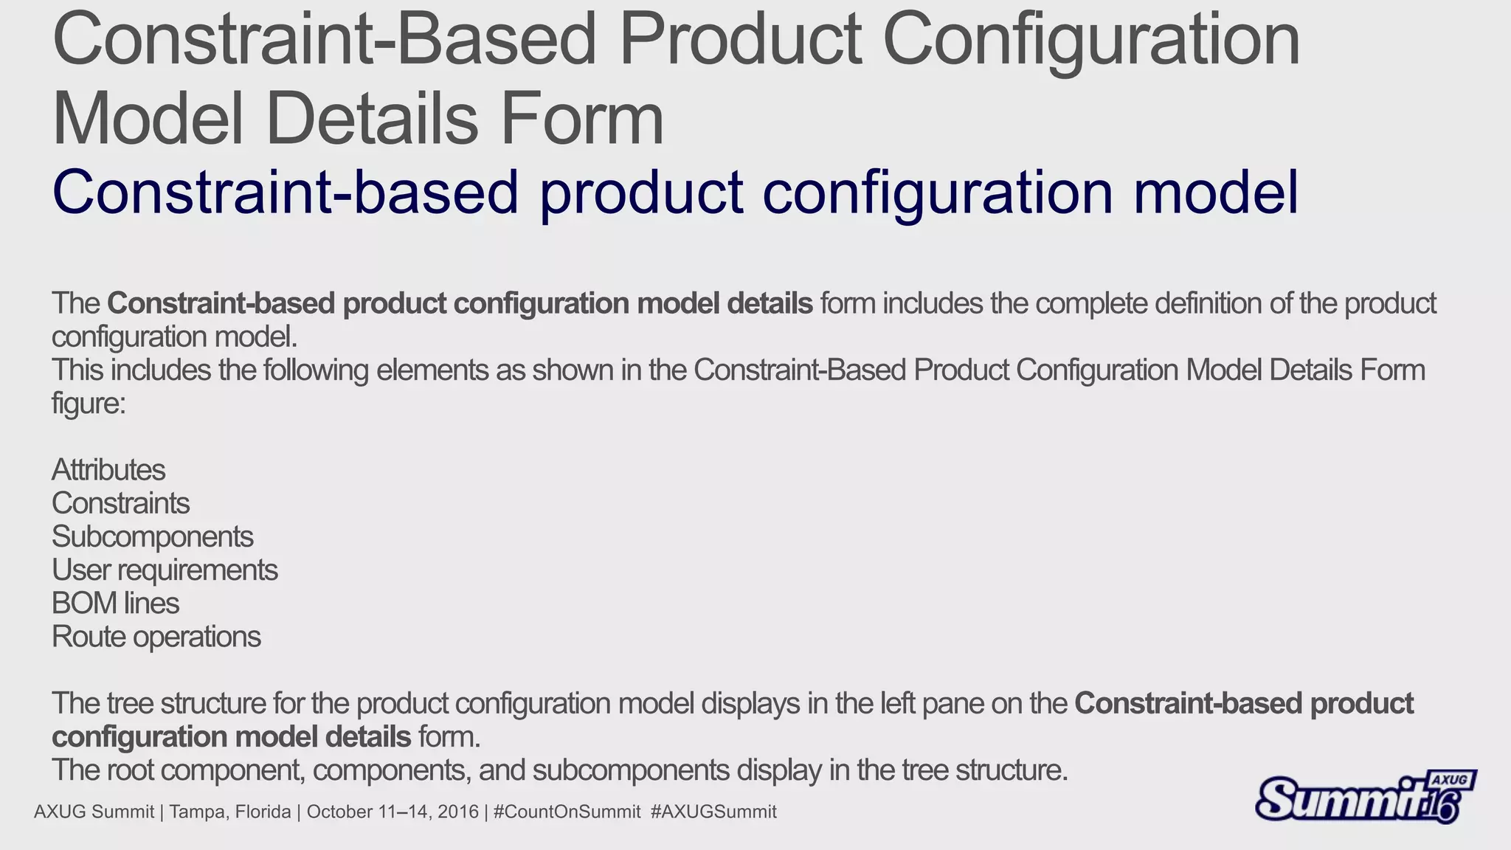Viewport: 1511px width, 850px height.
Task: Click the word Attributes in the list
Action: coord(108,470)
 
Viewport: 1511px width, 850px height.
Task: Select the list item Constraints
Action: coord(120,503)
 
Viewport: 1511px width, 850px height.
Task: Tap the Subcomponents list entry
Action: coord(152,537)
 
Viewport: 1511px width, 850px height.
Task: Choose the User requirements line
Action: coord(165,570)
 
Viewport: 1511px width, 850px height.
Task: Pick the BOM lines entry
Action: coord(115,604)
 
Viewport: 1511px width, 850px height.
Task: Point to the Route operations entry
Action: coord(156,637)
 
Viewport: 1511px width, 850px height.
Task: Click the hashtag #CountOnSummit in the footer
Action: coord(567,812)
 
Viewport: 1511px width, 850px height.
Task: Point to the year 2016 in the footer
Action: coord(458,812)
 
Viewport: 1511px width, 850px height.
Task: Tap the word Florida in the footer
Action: coord(263,812)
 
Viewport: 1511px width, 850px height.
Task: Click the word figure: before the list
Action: coord(89,404)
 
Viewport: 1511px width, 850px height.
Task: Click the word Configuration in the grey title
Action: coord(1090,40)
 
